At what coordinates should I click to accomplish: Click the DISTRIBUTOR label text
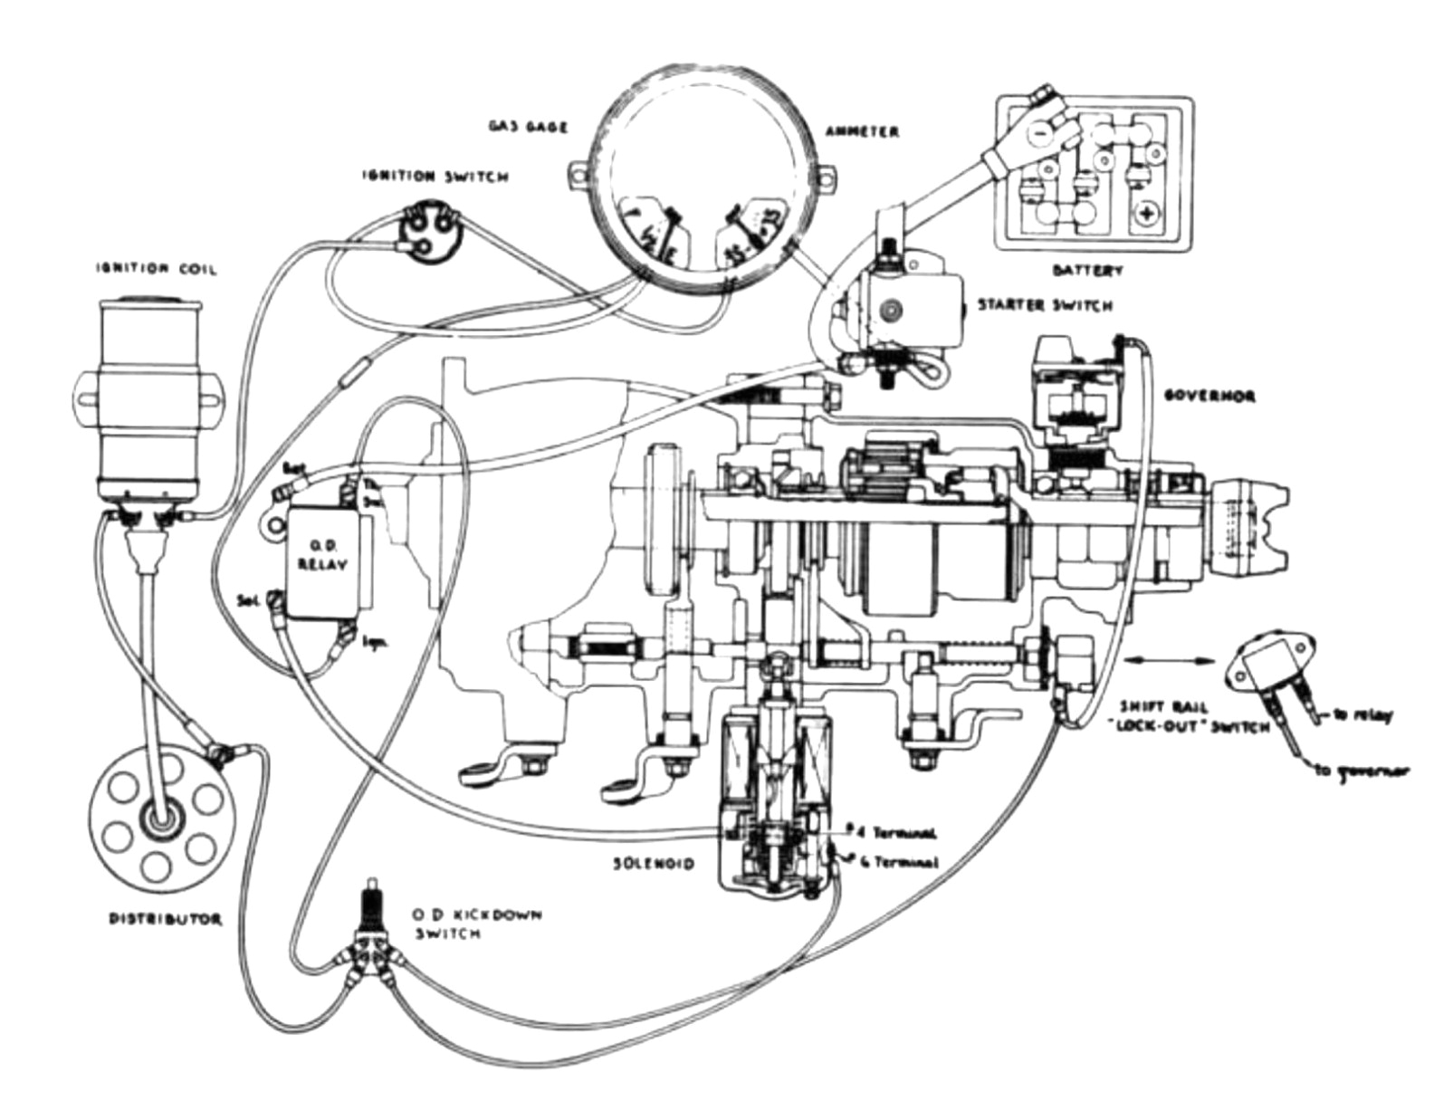click(166, 919)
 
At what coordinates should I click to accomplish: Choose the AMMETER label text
click(862, 131)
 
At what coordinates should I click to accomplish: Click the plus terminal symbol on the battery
click(1146, 215)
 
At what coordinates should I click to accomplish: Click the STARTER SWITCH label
click(1043, 305)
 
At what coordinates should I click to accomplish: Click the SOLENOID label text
click(652, 864)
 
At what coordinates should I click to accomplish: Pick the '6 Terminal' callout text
click(896, 863)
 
